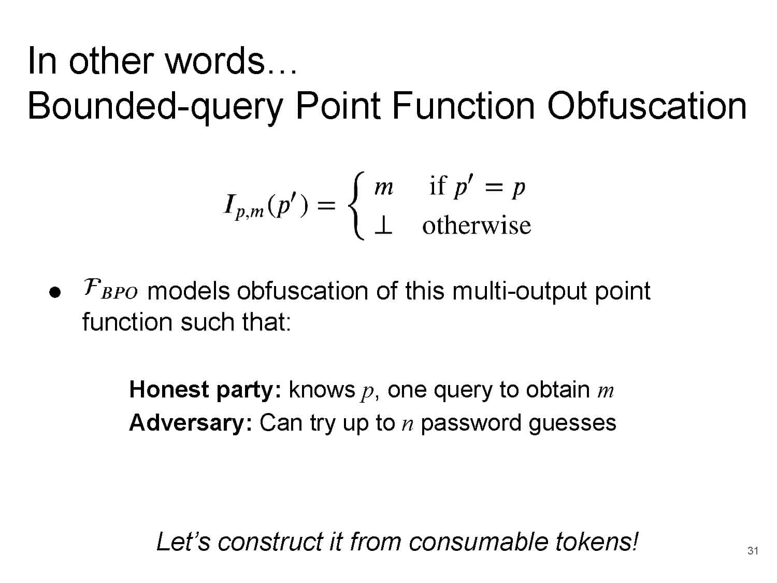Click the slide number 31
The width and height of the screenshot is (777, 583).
(753, 551)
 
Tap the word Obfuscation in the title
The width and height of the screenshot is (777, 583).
(647, 106)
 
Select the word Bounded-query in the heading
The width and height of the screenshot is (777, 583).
(155, 108)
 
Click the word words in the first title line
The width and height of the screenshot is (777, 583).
(215, 60)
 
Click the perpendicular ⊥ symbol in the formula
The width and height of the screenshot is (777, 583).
(383, 225)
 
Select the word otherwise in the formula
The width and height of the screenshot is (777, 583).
(477, 225)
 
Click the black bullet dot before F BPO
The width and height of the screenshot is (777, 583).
(55, 292)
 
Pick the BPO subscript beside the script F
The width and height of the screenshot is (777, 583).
(119, 293)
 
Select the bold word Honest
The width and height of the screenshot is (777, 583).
(169, 389)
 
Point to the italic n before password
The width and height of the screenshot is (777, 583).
(408, 424)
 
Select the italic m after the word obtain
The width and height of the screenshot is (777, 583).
(606, 391)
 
